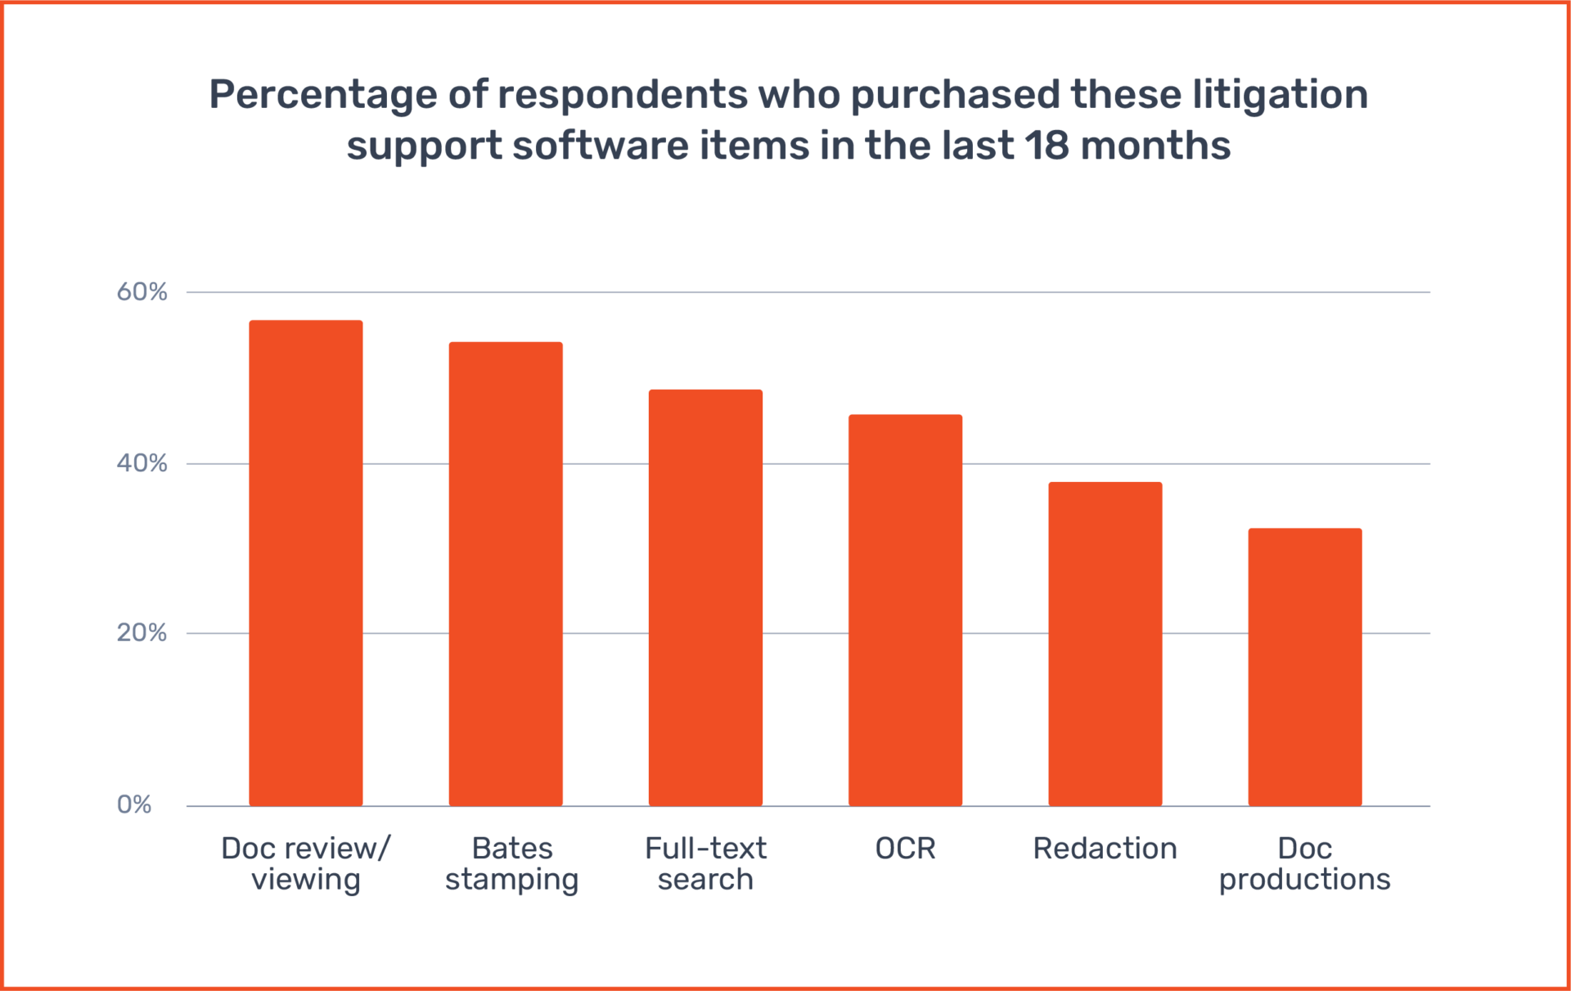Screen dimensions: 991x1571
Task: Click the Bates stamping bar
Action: [506, 574]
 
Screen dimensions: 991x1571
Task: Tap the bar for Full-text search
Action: [705, 597]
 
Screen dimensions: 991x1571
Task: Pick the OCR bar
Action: [905, 610]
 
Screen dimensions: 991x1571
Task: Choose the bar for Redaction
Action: [1105, 644]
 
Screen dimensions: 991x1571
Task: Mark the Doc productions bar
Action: [1304, 667]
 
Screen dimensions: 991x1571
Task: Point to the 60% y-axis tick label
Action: [142, 291]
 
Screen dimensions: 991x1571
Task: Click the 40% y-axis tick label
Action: [142, 463]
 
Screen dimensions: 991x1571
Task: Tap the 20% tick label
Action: [142, 633]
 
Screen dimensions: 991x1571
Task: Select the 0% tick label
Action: [134, 804]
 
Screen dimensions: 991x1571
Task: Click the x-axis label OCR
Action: [905, 849]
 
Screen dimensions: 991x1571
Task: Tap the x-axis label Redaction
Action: [1105, 849]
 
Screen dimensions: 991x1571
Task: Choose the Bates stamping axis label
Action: [511, 863]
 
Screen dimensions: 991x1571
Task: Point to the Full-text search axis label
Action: [705, 863]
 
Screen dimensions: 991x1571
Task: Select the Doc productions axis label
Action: [1304, 863]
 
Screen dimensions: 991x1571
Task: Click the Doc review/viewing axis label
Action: [305, 863]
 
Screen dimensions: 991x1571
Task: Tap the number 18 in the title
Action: [1047, 146]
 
